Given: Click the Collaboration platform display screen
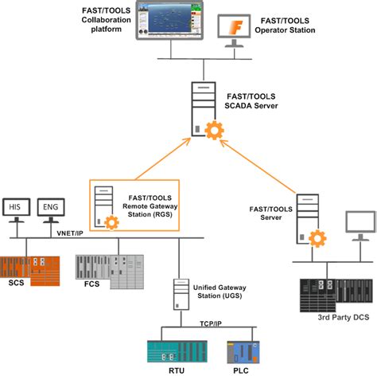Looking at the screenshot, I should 170,23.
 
